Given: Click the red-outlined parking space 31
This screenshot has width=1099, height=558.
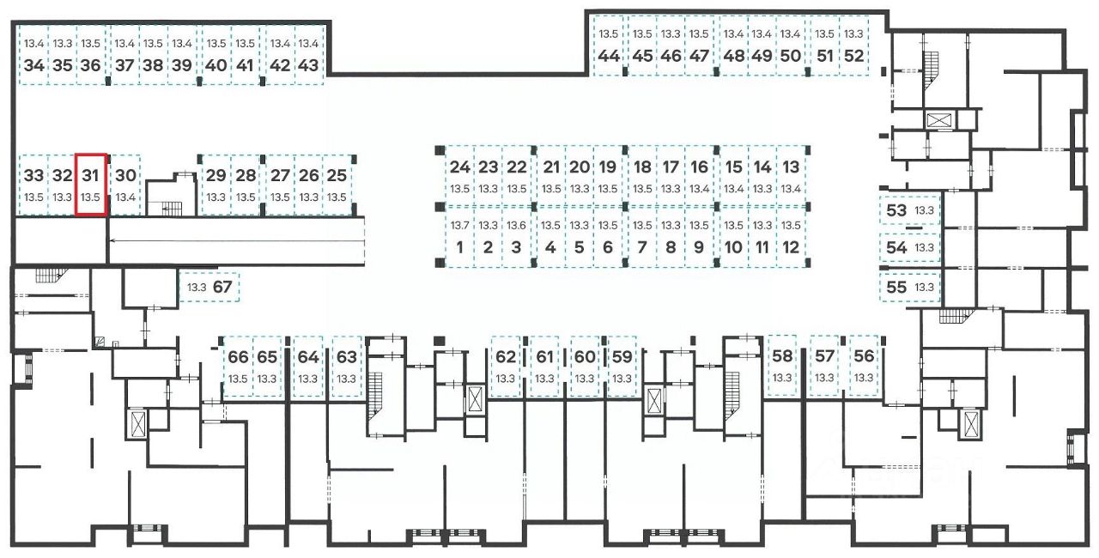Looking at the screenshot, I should (x=91, y=185).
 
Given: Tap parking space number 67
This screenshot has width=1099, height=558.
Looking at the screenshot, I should (x=222, y=287).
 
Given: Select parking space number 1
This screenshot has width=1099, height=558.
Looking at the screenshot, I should (x=460, y=247).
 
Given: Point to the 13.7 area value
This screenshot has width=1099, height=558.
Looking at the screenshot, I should (x=460, y=226).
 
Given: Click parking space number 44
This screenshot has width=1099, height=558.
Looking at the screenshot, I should (x=609, y=56).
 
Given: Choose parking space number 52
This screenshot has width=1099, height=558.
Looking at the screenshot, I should (x=853, y=56).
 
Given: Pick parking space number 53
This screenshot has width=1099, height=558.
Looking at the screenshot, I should (x=896, y=210).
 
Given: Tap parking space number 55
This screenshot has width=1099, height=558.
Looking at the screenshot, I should (x=896, y=287).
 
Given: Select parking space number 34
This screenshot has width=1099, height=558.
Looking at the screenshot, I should (x=34, y=64).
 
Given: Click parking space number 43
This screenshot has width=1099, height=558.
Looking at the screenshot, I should (x=307, y=64).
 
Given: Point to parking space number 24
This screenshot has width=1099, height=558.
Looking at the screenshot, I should (x=460, y=167).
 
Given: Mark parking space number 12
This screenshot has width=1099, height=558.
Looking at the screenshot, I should (x=791, y=247).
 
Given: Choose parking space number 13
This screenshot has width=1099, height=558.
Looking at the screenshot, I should (x=791, y=167).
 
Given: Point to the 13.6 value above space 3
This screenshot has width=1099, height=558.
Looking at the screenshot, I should (x=516, y=226).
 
